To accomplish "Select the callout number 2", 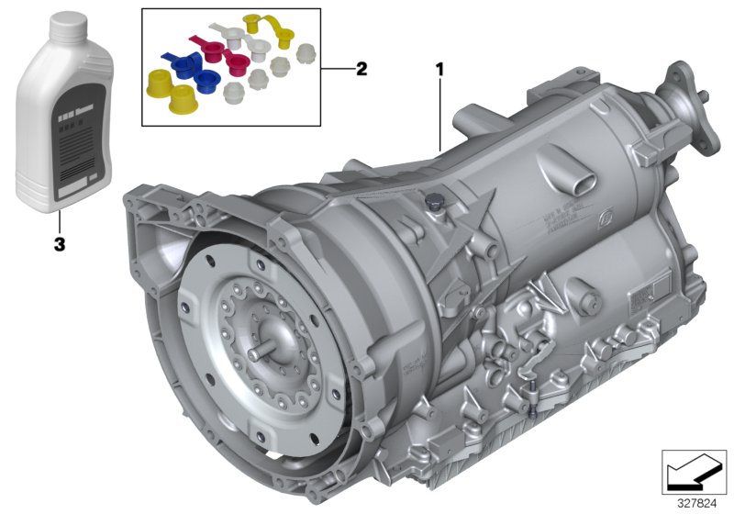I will tap(361, 69).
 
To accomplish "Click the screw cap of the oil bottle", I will tap(66, 26).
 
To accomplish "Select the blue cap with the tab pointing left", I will tap(183, 65).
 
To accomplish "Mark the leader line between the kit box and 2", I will tap(336, 69).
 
